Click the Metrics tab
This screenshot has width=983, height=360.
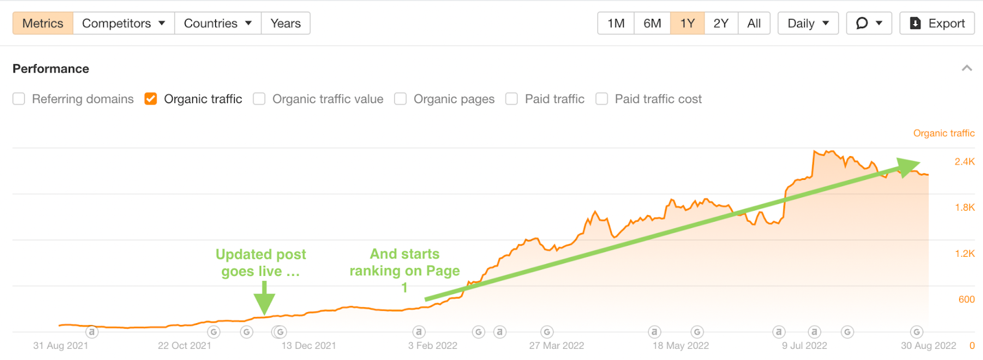coord(42,23)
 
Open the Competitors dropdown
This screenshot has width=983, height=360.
coord(123,23)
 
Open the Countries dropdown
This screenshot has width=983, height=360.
coord(217,23)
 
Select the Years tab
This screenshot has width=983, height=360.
coord(286,23)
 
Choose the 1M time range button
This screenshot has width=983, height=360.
coord(616,23)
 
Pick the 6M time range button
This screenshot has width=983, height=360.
coord(652,23)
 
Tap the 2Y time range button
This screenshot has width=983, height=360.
coord(721,23)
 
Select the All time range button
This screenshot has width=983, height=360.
coord(754,23)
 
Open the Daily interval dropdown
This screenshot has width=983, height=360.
coord(808,23)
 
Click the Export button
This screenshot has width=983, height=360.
coord(937,23)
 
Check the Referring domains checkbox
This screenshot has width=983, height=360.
coord(19,99)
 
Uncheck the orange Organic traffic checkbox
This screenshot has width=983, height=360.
coord(151,99)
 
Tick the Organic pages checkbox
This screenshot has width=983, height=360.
coord(401,99)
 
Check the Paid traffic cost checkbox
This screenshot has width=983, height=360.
coord(602,99)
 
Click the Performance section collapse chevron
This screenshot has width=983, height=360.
coord(966,68)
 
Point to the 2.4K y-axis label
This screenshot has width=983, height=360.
coord(964,162)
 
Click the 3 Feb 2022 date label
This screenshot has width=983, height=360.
coord(433,345)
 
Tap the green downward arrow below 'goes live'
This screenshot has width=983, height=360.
coord(264,299)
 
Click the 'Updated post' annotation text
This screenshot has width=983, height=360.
coord(260,254)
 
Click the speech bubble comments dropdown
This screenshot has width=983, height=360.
coord(869,23)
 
